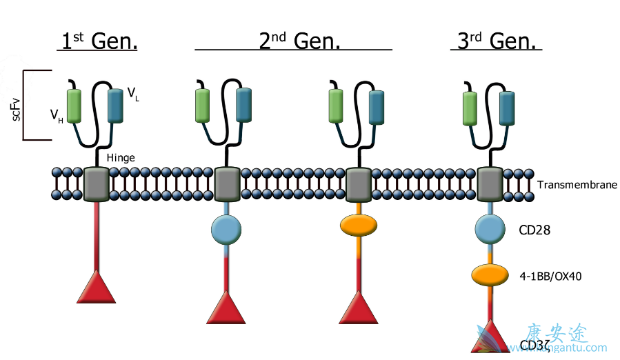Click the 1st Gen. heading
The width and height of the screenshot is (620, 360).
(97, 41)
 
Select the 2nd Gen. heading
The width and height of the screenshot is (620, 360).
(300, 41)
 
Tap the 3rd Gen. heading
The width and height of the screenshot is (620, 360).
(497, 41)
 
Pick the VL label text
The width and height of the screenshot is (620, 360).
(133, 93)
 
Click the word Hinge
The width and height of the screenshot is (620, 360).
(121, 158)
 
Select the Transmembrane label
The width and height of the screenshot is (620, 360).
(577, 185)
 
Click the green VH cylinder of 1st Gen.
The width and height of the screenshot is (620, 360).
(74, 106)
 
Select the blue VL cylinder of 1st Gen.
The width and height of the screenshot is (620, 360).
(115, 106)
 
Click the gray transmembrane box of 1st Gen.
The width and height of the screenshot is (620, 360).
(97, 184)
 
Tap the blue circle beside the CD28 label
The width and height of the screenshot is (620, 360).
(490, 229)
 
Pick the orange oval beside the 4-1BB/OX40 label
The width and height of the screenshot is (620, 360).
(490, 274)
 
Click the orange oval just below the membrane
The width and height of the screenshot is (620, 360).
(359, 226)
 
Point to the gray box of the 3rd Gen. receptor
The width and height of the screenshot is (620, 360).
(490, 183)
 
